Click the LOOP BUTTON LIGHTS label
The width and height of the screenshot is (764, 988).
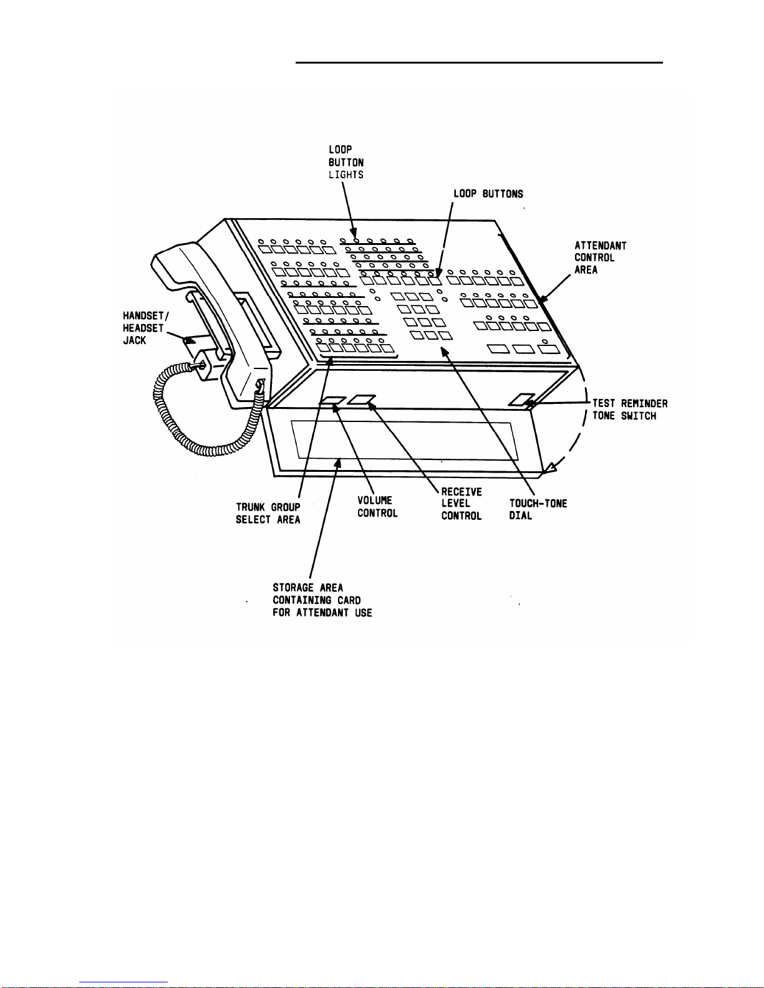pos(346,162)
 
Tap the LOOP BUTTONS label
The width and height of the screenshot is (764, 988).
pos(488,194)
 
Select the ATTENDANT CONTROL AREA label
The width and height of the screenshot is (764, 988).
pos(600,258)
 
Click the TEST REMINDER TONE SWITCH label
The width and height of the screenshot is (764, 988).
pos(630,410)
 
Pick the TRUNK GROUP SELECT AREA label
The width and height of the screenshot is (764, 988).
pos(268,513)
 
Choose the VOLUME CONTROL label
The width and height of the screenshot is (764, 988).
pos(377,507)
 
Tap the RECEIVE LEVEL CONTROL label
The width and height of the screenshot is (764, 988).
pos(461,504)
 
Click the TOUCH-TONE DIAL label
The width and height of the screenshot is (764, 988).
pos(538,509)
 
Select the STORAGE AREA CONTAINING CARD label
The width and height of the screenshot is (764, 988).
pos(322,600)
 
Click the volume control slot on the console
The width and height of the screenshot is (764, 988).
pos(333,401)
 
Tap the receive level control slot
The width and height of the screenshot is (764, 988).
pos(362,400)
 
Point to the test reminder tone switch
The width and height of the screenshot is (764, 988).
pos(521,400)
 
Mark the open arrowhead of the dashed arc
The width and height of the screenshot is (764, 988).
pos(550,468)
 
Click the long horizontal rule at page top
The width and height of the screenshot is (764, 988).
pos(479,62)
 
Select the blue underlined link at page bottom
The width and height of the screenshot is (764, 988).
pos(123,982)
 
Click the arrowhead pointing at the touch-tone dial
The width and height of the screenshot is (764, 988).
pos(445,352)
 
